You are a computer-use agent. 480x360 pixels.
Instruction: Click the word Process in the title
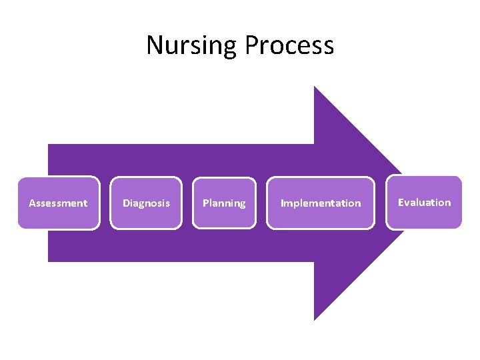289,45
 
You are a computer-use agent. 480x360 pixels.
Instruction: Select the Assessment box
59,203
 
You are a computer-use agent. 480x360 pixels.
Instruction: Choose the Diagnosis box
146,203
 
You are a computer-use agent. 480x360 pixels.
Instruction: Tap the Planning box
224,203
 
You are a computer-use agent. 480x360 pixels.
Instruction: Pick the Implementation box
321,203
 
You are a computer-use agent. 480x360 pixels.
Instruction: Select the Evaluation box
424,202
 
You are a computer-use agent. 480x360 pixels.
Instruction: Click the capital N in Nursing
154,45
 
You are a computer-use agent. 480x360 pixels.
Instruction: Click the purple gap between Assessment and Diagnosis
105,203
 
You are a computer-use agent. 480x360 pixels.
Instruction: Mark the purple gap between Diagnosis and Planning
187,203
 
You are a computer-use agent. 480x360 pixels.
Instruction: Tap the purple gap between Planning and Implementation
261,203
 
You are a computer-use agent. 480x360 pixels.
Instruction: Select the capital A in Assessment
32,203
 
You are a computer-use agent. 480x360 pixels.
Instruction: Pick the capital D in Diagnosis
126,203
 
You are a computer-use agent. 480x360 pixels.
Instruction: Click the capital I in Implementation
282,203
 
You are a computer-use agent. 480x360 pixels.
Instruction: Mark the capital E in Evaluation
401,202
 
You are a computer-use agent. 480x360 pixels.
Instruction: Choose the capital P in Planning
205,203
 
